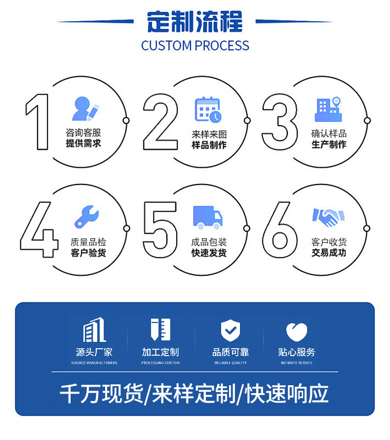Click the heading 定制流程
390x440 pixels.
195,22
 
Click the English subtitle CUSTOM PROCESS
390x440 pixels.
195,46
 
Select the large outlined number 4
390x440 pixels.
39,229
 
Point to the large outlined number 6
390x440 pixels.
279,229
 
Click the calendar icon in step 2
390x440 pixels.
208,110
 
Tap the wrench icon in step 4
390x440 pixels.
87,217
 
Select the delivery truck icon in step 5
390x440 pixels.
207,218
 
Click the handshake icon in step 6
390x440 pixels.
328,217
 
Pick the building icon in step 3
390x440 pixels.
328,110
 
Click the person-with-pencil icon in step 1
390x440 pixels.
86,110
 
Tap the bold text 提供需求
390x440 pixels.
83,143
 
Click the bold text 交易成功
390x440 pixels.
328,253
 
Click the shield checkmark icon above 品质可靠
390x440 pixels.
230,330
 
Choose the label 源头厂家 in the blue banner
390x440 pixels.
94,352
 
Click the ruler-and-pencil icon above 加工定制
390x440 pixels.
160,330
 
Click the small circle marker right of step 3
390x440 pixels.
366,120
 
